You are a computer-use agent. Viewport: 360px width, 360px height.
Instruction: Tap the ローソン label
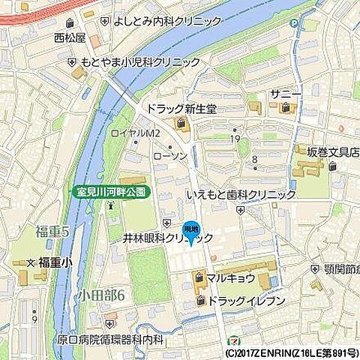(186, 156)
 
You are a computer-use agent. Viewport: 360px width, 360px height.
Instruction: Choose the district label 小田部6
(100, 293)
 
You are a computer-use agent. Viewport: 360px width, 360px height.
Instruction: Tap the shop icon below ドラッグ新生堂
(181, 123)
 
